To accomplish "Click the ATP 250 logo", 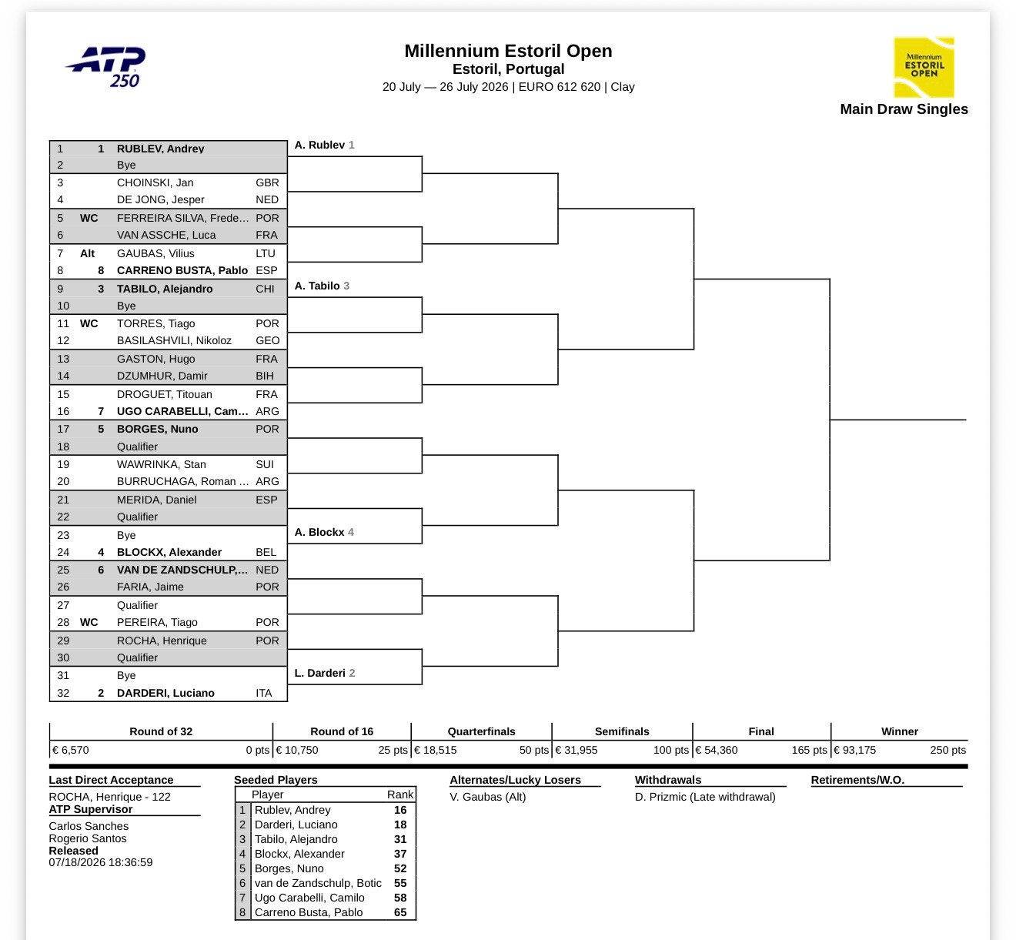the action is click(106, 67).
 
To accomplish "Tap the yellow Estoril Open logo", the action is click(924, 67).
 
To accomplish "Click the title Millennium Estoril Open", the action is click(508, 51).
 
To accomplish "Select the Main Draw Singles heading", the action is click(904, 109).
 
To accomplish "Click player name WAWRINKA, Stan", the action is click(161, 464).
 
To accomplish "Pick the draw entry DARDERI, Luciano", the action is click(165, 693).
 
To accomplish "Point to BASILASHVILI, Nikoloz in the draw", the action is click(174, 340).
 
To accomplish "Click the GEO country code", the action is click(268, 340).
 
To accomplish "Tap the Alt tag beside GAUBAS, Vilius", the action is click(88, 253).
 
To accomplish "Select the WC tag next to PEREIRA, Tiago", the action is click(89, 622).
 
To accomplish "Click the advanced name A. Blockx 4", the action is click(324, 532).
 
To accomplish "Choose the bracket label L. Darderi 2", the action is click(324, 673).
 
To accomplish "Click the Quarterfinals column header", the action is click(481, 731).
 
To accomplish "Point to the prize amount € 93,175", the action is click(854, 750).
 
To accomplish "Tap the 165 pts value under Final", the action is click(809, 750).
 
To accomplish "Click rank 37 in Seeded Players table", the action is click(400, 854).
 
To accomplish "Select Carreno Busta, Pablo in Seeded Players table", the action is click(309, 912).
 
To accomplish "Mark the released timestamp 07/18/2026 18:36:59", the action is click(101, 862).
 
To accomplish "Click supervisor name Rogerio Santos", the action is click(88, 838).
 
